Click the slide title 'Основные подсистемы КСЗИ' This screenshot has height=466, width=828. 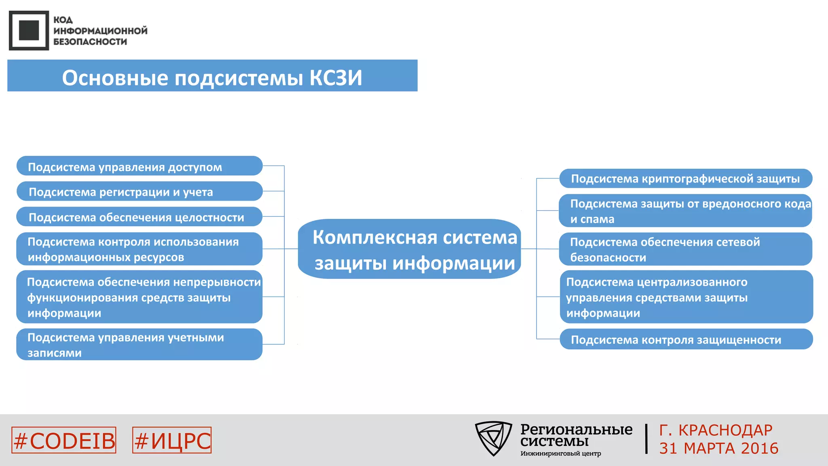[212, 77]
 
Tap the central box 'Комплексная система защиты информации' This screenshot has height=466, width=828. [410, 249]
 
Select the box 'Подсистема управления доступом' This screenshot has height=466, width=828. [139, 166]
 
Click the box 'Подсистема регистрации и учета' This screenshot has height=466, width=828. [139, 191]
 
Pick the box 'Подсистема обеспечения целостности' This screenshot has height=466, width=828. [139, 217]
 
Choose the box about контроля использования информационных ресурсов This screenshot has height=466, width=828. [139, 249]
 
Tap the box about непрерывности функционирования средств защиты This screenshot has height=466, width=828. [139, 297]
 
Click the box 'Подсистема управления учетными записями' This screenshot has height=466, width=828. [139, 345]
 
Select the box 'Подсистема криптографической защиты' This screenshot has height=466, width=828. [686, 178]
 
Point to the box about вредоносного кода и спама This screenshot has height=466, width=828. [686, 211]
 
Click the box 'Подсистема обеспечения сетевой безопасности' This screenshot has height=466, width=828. [686, 249]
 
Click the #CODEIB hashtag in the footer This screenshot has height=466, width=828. [64, 441]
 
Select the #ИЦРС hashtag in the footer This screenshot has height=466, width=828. [172, 441]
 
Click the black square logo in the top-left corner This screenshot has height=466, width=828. [29, 30]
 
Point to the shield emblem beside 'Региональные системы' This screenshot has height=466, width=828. [493, 438]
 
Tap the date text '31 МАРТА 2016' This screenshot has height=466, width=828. [718, 448]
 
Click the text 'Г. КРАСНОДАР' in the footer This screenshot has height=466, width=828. [716, 430]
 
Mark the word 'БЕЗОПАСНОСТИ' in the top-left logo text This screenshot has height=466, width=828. [90, 42]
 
